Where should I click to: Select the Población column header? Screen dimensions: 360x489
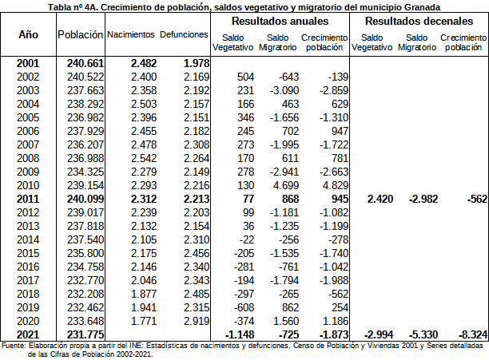[81, 36]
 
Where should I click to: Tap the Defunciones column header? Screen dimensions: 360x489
[185, 36]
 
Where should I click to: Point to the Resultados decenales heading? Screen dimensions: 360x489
[420, 22]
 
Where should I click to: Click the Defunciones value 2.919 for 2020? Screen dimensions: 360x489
[195, 321]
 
